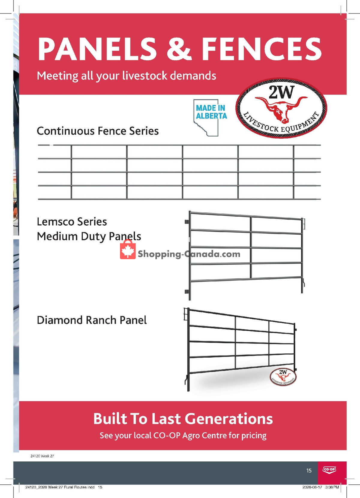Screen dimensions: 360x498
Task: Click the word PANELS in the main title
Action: [97, 49]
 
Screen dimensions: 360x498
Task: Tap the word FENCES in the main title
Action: [262, 49]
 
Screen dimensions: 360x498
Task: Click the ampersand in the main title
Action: [179, 49]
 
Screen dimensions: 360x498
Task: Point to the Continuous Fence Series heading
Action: [97, 131]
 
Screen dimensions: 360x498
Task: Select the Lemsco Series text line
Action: [72, 222]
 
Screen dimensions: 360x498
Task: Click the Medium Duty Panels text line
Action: [89, 236]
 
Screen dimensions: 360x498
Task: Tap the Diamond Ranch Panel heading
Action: [91, 320]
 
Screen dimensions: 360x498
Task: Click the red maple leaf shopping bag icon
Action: [127, 249]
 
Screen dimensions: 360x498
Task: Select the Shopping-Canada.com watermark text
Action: [189, 254]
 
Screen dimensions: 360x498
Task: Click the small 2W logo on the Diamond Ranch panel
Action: [283, 376]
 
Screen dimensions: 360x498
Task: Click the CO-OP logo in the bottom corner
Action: [329, 469]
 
